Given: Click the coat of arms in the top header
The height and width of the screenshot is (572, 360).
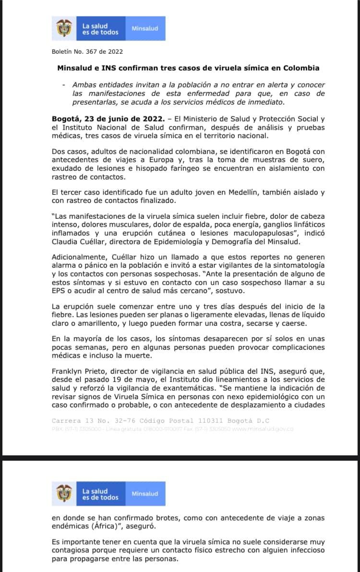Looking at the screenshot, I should coord(64,29).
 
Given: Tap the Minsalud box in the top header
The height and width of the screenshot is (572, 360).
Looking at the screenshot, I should coord(144,29).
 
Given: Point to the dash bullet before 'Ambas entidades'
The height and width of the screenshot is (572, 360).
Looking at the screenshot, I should coord(64,84).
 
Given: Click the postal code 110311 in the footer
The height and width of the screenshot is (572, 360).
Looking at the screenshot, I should coord(205,421).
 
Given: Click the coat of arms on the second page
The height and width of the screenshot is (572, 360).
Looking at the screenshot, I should coord(64,494).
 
